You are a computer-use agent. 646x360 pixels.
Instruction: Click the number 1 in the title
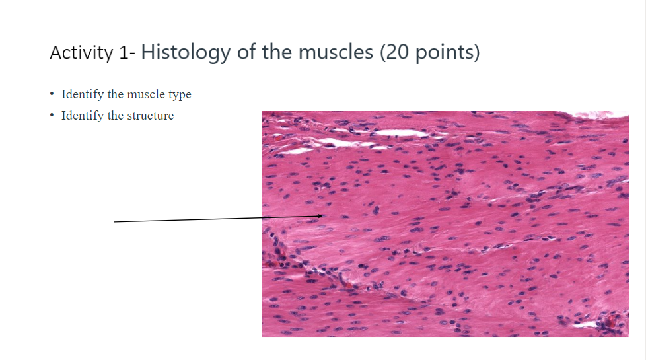click(x=124, y=52)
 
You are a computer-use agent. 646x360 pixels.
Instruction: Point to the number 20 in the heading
click(x=398, y=52)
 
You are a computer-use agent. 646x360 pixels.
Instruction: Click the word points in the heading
click(x=445, y=52)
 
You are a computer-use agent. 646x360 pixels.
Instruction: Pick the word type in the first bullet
click(x=180, y=94)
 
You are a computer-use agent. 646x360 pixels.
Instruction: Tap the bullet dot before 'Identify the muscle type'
click(x=52, y=94)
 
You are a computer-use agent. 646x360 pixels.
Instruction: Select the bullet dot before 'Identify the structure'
click(x=52, y=116)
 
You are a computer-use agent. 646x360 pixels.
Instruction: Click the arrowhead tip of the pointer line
click(x=323, y=215)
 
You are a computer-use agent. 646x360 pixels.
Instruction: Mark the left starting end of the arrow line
click(x=115, y=222)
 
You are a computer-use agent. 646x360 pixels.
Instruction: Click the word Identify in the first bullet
click(x=83, y=94)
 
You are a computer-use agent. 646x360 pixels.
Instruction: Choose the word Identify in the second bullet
click(x=83, y=116)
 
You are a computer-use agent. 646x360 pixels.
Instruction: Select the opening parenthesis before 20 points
click(x=384, y=52)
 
